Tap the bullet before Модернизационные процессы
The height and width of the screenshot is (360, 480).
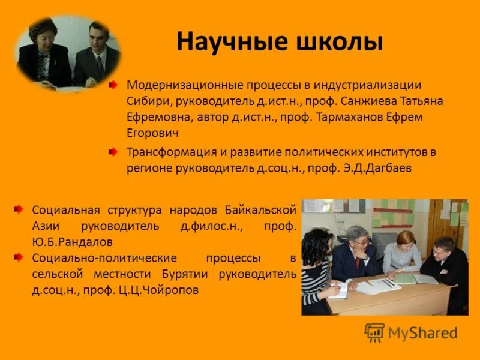pyautogui.click(x=113, y=86)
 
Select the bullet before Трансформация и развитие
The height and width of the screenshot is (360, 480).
pyautogui.click(x=113, y=152)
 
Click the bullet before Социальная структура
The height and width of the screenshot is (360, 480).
pyautogui.click(x=19, y=209)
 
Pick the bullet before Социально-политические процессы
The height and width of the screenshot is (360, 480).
pyautogui.click(x=19, y=258)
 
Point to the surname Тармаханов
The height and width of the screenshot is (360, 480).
pyautogui.click(x=347, y=117)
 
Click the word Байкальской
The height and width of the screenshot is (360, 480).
pyautogui.click(x=261, y=210)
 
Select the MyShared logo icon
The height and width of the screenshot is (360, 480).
pyautogui.click(x=374, y=332)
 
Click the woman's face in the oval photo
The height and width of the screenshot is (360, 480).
pyautogui.click(x=44, y=35)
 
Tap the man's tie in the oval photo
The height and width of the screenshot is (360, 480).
pyautogui.click(x=100, y=62)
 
